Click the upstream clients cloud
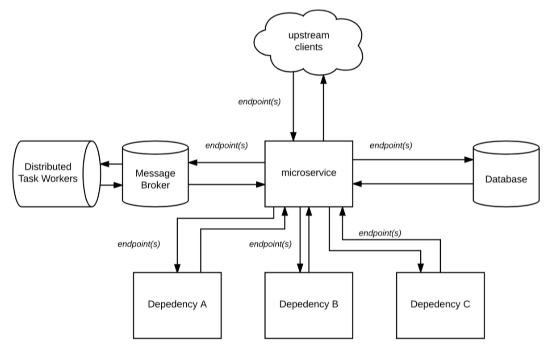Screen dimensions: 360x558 coord(308,41)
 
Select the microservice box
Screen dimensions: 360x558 coord(309,173)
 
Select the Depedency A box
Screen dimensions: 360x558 coord(177,305)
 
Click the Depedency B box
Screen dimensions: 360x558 coord(309,305)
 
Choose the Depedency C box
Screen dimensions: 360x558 coord(440,305)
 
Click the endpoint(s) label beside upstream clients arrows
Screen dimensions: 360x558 coord(259,101)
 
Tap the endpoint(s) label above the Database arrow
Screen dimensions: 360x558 coord(391,145)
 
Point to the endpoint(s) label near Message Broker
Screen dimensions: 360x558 coord(226,145)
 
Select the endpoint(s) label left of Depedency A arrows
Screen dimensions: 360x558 coord(139,244)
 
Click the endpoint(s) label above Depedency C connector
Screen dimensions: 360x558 coord(380,233)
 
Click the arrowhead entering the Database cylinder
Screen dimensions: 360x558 coord(469,160)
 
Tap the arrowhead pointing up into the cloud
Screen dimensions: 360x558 coord(324,79)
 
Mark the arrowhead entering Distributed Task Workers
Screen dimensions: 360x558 coord(105,164)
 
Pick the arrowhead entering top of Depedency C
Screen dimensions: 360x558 coord(421,268)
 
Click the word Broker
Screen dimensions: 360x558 coord(155,185)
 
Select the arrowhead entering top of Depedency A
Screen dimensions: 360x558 coord(177,268)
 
